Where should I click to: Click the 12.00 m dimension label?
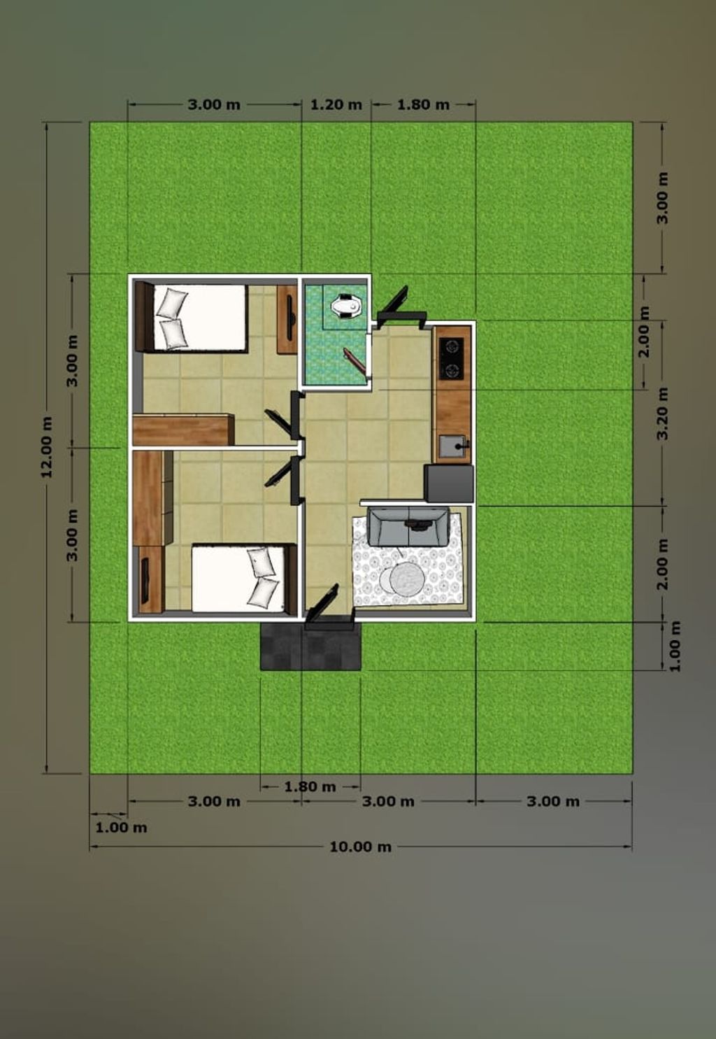(x=47, y=446)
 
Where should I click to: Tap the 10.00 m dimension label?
(x=361, y=847)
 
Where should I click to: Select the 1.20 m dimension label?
(x=336, y=105)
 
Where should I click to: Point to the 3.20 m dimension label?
(x=664, y=414)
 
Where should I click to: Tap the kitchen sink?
(x=453, y=447)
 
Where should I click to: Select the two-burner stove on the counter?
(x=452, y=358)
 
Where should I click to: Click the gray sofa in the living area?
(x=408, y=526)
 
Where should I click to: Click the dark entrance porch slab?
(x=310, y=646)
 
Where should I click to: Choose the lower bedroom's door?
(x=284, y=481)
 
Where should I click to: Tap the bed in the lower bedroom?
(x=244, y=578)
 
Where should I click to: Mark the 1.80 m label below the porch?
(x=310, y=786)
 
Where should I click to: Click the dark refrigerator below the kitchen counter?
(x=450, y=483)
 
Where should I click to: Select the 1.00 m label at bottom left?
(x=121, y=828)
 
